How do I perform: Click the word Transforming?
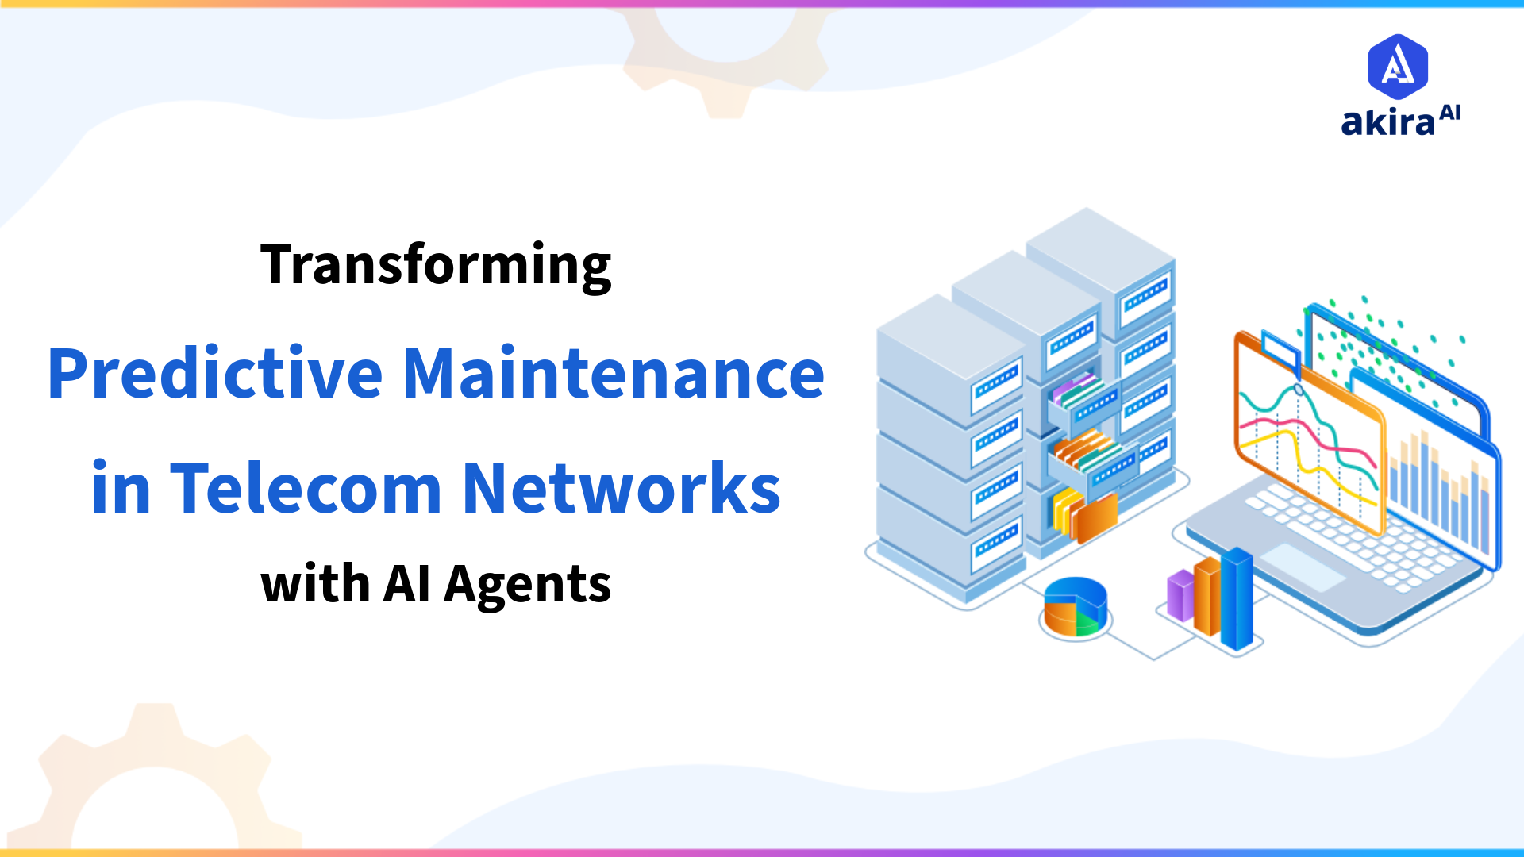pyautogui.click(x=436, y=266)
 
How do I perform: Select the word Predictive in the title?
pyautogui.click(x=215, y=374)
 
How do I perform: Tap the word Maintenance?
pyautogui.click(x=614, y=374)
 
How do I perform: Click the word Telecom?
pyautogui.click(x=306, y=489)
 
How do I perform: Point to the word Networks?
pyautogui.click(x=622, y=489)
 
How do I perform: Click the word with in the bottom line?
pyautogui.click(x=315, y=585)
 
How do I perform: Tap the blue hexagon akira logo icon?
pyautogui.click(x=1398, y=66)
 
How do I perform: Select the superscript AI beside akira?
pyautogui.click(x=1450, y=113)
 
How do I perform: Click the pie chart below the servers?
pyautogui.click(x=1075, y=607)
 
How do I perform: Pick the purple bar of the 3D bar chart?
pyautogui.click(x=1180, y=595)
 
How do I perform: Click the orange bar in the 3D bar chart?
pyautogui.click(x=1207, y=595)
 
